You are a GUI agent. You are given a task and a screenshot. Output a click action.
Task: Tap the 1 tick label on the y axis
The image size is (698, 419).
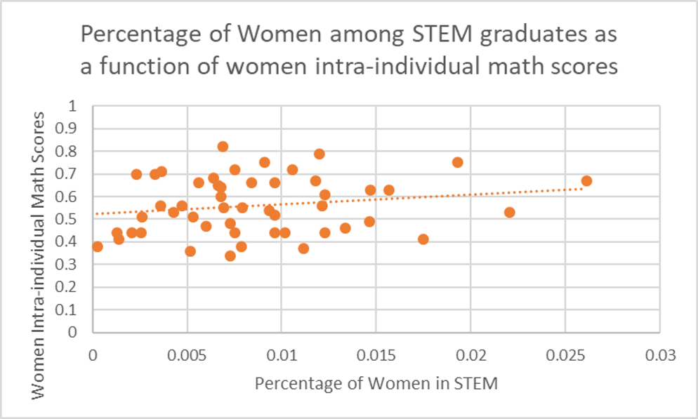(x=79, y=106)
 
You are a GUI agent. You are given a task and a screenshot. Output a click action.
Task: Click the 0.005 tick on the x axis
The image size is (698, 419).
(x=187, y=355)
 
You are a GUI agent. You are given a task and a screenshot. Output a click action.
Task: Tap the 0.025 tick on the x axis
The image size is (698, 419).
(x=565, y=355)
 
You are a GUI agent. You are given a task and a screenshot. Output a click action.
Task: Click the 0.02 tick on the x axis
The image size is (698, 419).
(x=471, y=355)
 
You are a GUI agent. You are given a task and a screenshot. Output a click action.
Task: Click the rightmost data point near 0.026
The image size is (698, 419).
(x=586, y=181)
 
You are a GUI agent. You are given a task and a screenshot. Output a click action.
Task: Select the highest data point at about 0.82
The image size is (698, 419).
(x=223, y=147)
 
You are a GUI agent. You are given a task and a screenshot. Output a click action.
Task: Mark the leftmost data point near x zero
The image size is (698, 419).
(x=97, y=246)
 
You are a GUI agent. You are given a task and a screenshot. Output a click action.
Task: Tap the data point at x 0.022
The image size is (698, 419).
(x=510, y=212)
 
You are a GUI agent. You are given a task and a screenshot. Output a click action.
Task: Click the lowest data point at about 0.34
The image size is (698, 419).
(x=230, y=255)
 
